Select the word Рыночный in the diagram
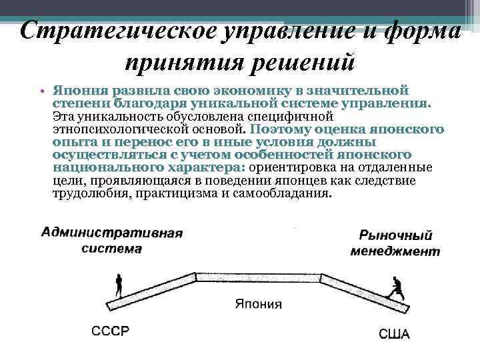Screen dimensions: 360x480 [x=395, y=235]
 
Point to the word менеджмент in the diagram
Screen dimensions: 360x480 [x=395, y=251]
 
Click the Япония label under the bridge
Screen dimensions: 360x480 [x=258, y=304]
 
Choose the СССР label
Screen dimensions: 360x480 [x=110, y=331]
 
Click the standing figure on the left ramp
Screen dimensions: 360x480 [x=119, y=285]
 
